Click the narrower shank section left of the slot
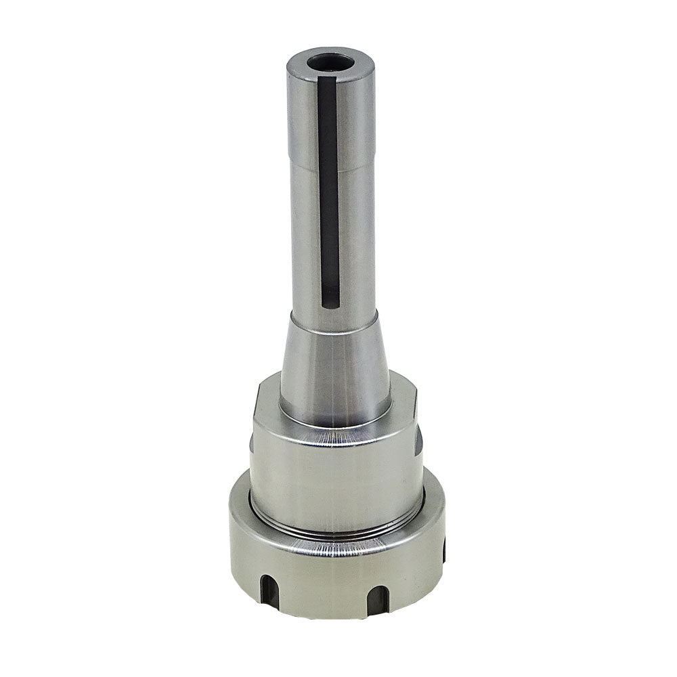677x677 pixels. tap(303, 237)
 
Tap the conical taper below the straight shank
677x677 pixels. tap(335, 366)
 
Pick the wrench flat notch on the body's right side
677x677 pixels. tap(419, 440)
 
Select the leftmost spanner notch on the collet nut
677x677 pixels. tap(267, 588)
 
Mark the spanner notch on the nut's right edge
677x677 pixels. tap(443, 552)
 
